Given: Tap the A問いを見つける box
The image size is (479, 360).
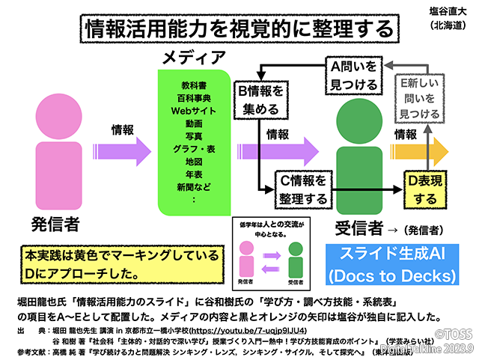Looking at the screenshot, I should point(355,76).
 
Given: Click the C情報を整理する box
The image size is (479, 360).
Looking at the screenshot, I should point(302,190).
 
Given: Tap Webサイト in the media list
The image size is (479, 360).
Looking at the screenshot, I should point(194,110).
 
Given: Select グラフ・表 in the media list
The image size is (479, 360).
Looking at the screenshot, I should point(194,148).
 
